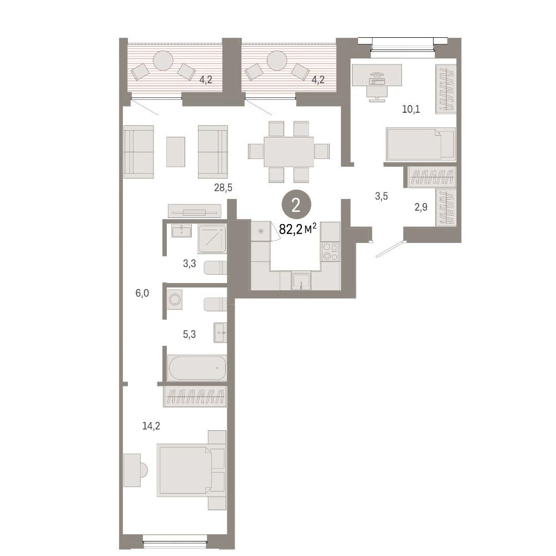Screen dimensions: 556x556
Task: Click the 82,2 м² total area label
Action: pyautogui.click(x=297, y=229)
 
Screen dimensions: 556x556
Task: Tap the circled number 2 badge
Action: pyautogui.click(x=296, y=206)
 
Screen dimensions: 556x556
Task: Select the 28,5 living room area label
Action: pyautogui.click(x=223, y=187)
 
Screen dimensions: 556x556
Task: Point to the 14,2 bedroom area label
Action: pyautogui.click(x=151, y=425)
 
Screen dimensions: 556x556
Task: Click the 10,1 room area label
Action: pyautogui.click(x=411, y=109)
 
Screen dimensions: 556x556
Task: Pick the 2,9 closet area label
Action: pyautogui.click(x=421, y=207)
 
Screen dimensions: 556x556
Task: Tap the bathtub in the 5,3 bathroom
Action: pyautogui.click(x=197, y=368)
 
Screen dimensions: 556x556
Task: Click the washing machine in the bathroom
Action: pyautogui.click(x=175, y=300)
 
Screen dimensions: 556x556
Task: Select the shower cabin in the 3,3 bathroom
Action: pyautogui.click(x=212, y=239)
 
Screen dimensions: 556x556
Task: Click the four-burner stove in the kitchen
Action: pyautogui.click(x=330, y=251)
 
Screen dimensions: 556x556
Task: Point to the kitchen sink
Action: pyautogui.click(x=301, y=280)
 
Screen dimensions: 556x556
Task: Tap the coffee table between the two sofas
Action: pyautogui.click(x=176, y=152)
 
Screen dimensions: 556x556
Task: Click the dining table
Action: pyautogui.click(x=289, y=152)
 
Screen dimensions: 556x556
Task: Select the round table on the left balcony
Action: pyautogui.click(x=163, y=61)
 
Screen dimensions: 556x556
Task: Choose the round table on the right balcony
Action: pyautogui.click(x=276, y=61)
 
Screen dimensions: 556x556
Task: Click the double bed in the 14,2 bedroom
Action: pyautogui.click(x=191, y=470)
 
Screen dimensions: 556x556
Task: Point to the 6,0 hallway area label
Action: pyautogui.click(x=142, y=293)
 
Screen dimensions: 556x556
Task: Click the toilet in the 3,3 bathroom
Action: pyautogui.click(x=215, y=268)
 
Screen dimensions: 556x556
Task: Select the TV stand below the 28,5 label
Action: pyautogui.click(x=194, y=211)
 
